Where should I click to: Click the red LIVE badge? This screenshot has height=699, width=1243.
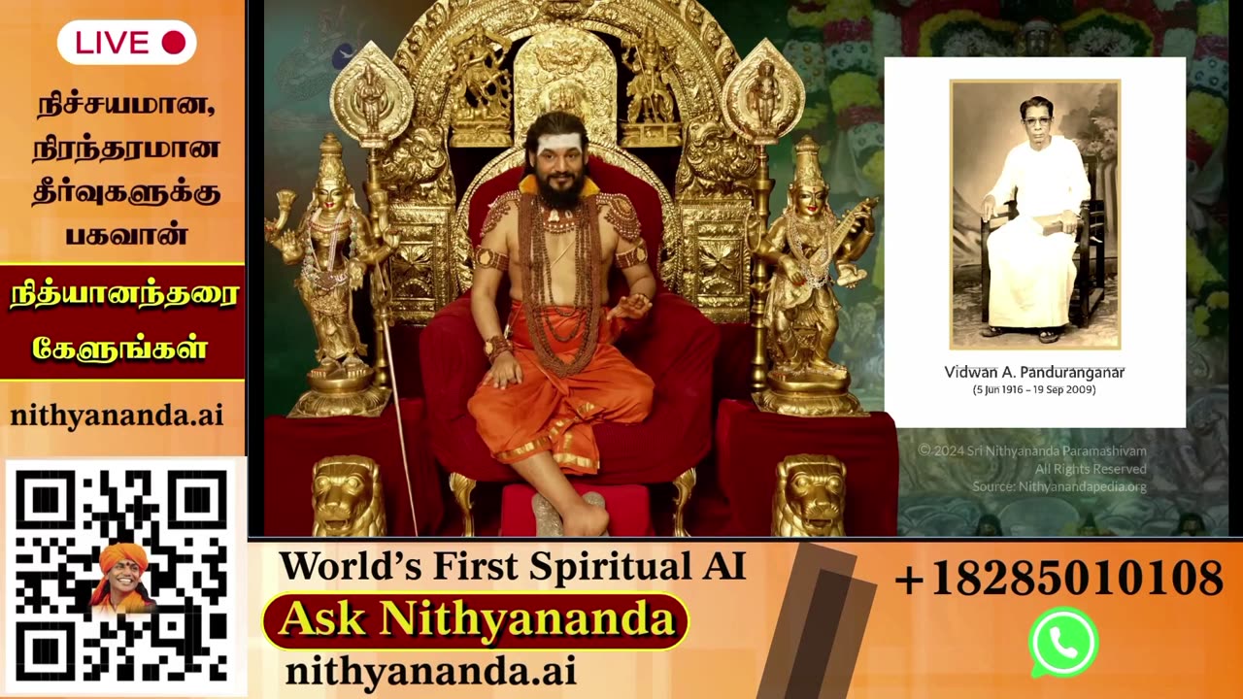pyautogui.click(x=126, y=43)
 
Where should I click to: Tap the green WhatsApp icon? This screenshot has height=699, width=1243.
pyautogui.click(x=1063, y=642)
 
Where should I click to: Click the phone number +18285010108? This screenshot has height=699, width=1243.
pyautogui.click(x=1058, y=579)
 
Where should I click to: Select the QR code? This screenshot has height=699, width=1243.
pyautogui.click(x=122, y=577)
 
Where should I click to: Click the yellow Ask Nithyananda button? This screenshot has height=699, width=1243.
pyautogui.click(x=475, y=620)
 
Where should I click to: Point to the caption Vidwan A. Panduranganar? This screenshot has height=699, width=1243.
pyautogui.click(x=1034, y=372)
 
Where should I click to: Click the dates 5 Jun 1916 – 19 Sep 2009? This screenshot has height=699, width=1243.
pyautogui.click(x=1034, y=389)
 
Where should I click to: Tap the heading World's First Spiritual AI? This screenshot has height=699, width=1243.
pyautogui.click(x=512, y=566)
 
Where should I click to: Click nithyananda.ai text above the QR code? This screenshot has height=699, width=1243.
pyautogui.click(x=117, y=416)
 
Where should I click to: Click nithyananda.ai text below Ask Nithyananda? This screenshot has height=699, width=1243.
pyautogui.click(x=430, y=671)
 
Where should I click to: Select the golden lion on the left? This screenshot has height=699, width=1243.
pyautogui.click(x=347, y=495)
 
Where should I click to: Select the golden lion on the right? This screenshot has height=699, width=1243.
pyautogui.click(x=808, y=495)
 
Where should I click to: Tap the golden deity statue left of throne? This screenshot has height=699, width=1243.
pyautogui.click(x=330, y=272)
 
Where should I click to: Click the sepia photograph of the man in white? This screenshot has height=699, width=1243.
pyautogui.click(x=1034, y=214)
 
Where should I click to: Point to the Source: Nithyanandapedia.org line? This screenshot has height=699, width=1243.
pyautogui.click(x=1058, y=486)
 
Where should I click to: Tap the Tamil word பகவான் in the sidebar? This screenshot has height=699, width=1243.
pyautogui.click(x=125, y=234)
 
